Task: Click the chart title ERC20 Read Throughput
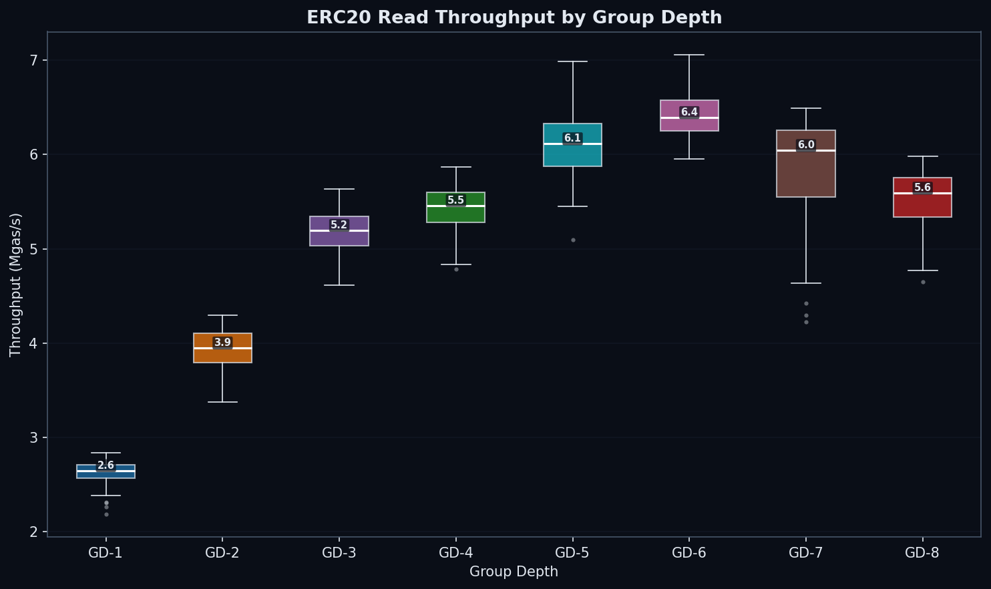click(x=514, y=17)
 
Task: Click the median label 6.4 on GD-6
click(x=689, y=112)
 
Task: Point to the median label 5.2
click(x=339, y=225)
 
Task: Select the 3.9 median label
click(x=222, y=343)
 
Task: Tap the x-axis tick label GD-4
click(x=456, y=553)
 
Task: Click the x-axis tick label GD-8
click(x=923, y=553)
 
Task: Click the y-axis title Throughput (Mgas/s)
click(x=16, y=284)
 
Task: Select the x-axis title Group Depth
click(x=514, y=572)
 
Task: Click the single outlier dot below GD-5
click(x=573, y=240)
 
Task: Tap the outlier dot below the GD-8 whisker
click(x=923, y=282)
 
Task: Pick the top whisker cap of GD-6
click(x=689, y=55)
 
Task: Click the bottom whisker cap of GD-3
click(x=339, y=285)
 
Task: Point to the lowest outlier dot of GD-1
click(x=106, y=514)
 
